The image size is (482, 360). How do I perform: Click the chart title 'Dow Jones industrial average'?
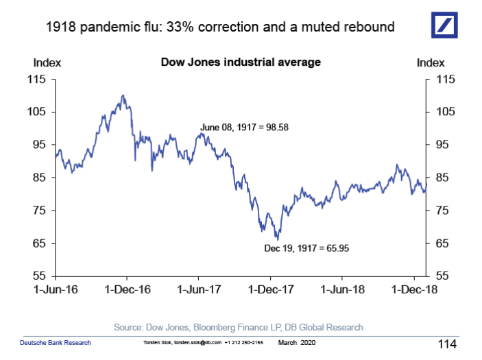(x=241, y=62)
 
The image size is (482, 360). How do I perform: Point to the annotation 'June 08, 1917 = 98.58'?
(x=244, y=127)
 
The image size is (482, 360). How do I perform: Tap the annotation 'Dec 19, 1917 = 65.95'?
(x=306, y=248)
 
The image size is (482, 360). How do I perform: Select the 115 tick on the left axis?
(x=36, y=79)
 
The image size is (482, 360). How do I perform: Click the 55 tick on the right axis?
(x=444, y=276)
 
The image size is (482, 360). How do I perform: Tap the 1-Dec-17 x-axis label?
(x=270, y=290)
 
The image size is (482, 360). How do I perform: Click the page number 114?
(x=447, y=343)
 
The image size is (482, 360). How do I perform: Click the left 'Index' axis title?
(x=47, y=62)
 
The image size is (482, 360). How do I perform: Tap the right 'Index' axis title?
(x=431, y=62)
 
